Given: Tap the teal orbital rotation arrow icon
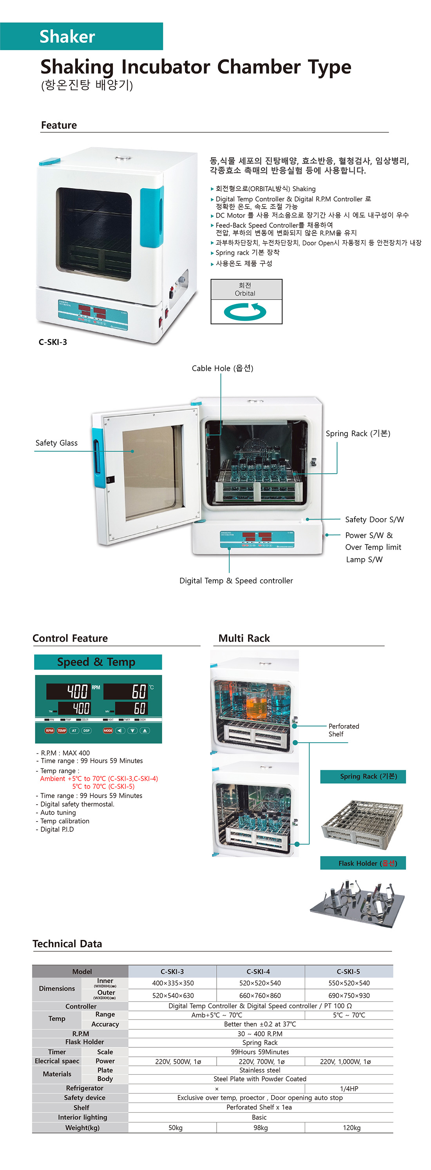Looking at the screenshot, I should [245, 312].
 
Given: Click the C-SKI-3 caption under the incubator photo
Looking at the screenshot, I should [53, 342].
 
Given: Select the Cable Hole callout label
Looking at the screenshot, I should [222, 368].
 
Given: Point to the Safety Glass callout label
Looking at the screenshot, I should [56, 443].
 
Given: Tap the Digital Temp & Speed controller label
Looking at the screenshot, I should [236, 580].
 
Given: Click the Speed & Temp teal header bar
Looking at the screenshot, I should [98, 662].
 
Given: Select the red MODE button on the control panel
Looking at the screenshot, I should [108, 730].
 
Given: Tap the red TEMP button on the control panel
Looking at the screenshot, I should [62, 730].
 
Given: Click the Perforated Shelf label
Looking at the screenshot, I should [343, 730].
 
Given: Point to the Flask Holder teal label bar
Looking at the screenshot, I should [362, 863].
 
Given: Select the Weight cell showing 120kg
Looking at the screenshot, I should [351, 1128].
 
